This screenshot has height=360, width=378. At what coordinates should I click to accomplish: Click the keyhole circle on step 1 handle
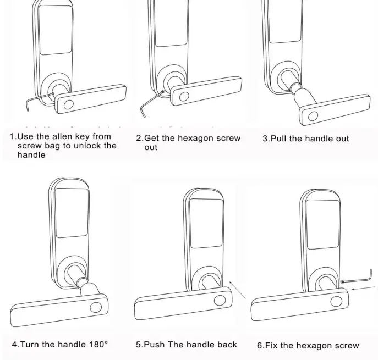(x=68, y=105)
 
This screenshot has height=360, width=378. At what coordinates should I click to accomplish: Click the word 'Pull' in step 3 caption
(x=280, y=139)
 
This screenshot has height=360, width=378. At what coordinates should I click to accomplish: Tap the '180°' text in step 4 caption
(x=96, y=345)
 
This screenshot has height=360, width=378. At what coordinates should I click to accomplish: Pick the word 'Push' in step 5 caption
(x=155, y=345)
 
